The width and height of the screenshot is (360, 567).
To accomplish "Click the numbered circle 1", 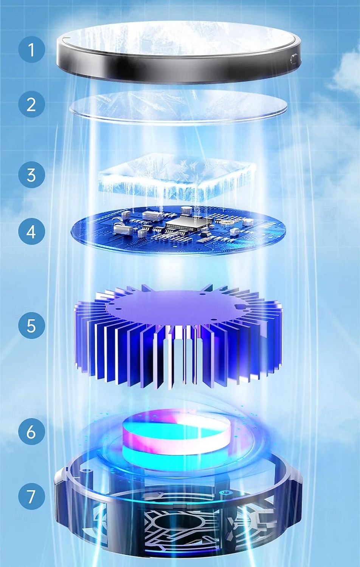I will click(x=31, y=50).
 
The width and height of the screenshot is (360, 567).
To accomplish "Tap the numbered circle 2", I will click(x=31, y=104).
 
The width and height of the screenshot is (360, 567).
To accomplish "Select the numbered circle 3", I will click(x=31, y=175).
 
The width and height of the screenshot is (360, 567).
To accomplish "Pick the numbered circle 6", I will click(x=31, y=431).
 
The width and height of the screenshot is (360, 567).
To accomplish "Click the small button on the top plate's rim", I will click(x=293, y=58).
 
